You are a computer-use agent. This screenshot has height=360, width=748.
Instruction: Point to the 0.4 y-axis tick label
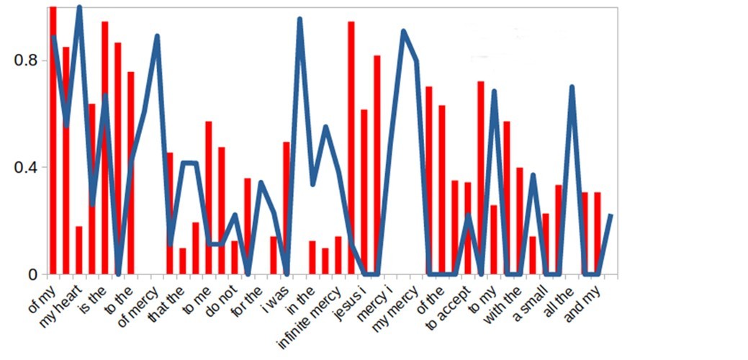click(x=25, y=167)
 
